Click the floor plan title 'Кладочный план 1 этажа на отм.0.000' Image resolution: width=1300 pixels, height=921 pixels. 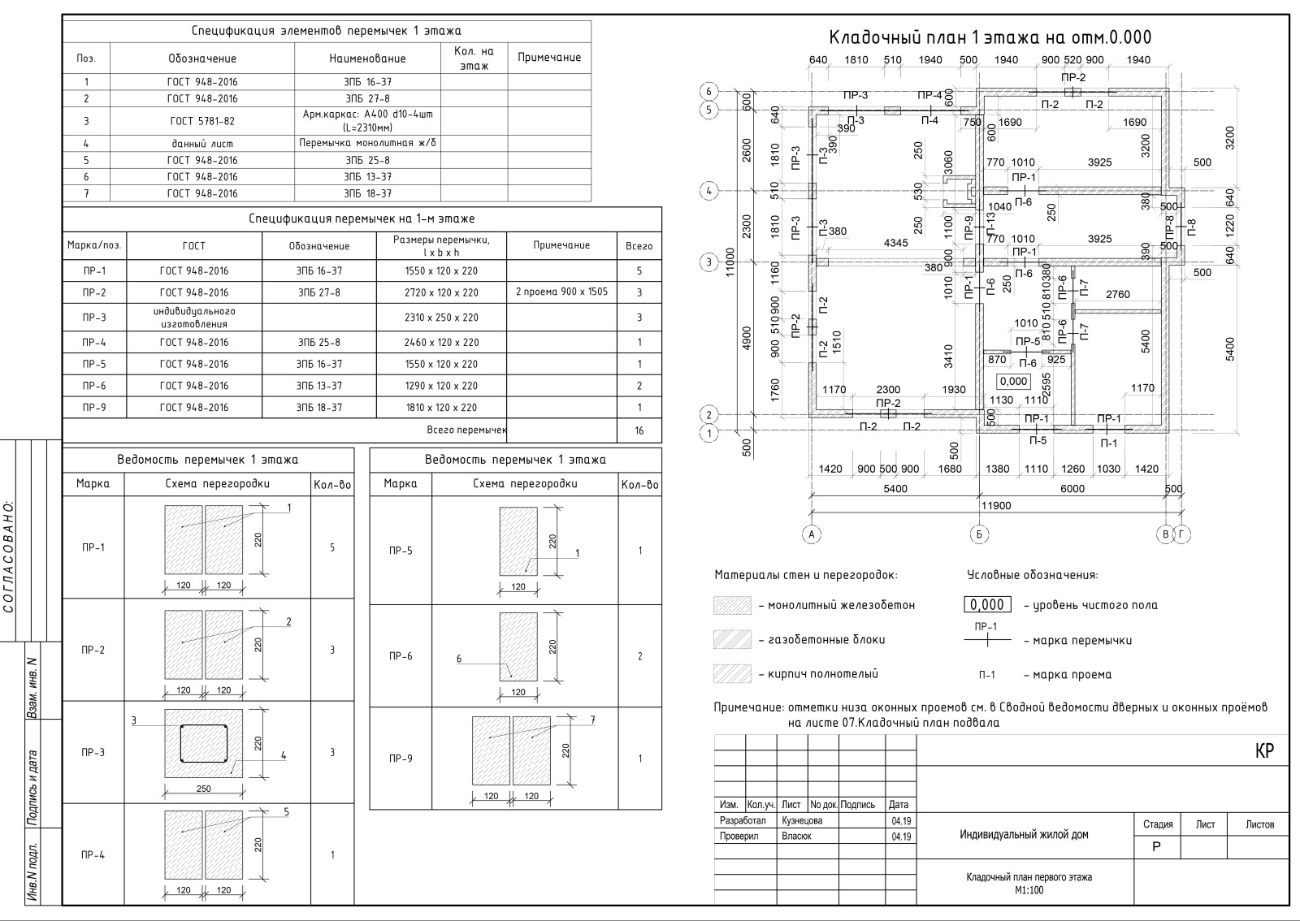990,37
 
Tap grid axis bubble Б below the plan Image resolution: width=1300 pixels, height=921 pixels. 980,534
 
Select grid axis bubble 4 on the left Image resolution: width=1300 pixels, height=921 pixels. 709,191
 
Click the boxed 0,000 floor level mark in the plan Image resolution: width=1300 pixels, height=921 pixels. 1013,381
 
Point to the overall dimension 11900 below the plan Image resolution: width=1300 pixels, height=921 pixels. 996,505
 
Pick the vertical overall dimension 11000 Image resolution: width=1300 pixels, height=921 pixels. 730,262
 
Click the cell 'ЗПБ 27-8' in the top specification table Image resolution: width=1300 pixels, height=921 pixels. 367,98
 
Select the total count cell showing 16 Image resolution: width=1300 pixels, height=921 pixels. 639,430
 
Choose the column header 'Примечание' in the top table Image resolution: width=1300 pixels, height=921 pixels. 549,58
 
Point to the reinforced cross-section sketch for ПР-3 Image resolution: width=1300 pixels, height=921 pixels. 204,744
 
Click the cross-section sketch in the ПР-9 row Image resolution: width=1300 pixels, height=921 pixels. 511,750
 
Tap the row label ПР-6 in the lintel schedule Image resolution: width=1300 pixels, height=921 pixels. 400,656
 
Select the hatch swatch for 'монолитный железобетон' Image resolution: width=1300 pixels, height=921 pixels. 731,605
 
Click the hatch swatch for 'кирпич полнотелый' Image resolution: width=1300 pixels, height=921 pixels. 731,674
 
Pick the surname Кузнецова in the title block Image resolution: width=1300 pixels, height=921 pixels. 802,820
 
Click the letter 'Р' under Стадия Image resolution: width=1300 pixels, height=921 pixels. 1157,846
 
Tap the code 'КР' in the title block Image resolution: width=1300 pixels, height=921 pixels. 1264,751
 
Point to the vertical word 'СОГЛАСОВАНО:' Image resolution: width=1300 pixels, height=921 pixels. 9,556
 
